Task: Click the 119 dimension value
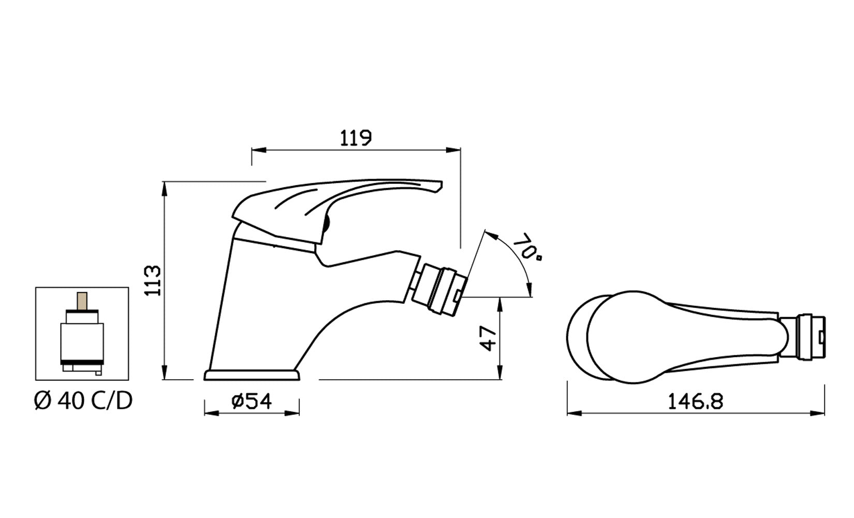[356, 138]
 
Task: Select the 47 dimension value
[489, 338]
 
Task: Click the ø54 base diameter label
[252, 402]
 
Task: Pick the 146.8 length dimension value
[696, 402]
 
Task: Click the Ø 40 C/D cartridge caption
[83, 402]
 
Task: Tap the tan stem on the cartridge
[82, 301]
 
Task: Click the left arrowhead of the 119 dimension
[258, 150]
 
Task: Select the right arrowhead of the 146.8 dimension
[817, 413]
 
